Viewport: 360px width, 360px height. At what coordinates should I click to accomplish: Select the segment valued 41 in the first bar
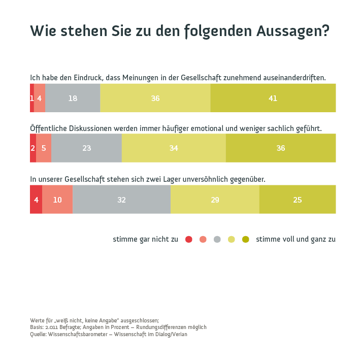[x=273, y=98]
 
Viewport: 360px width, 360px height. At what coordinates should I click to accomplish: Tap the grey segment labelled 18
[x=73, y=98]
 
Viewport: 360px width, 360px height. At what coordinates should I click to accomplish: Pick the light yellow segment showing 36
[x=155, y=98]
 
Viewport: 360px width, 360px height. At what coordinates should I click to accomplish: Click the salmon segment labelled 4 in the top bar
[x=40, y=98]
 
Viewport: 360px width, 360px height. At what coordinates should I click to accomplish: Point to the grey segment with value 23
[x=86, y=148]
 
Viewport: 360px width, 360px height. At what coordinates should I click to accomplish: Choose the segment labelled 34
[x=174, y=148]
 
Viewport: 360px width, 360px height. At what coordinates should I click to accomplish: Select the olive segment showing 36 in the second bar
[x=281, y=148]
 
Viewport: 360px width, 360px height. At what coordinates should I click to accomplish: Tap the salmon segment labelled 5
[x=44, y=148]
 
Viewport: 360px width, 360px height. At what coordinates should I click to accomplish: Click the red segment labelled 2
[x=33, y=148]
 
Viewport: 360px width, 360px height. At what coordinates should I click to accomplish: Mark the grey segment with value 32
[x=121, y=200]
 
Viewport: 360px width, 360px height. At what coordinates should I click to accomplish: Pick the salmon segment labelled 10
[x=57, y=200]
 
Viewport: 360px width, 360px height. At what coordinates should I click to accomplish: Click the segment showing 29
[x=215, y=200]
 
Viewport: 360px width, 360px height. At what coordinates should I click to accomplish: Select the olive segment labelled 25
[x=298, y=200]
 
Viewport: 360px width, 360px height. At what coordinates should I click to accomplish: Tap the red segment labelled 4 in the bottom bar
[x=36, y=200]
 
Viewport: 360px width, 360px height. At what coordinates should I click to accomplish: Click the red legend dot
[x=189, y=239]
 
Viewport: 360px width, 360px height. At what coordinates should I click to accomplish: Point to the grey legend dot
[x=217, y=239]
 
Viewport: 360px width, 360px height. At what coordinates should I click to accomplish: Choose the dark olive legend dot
[x=246, y=239]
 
